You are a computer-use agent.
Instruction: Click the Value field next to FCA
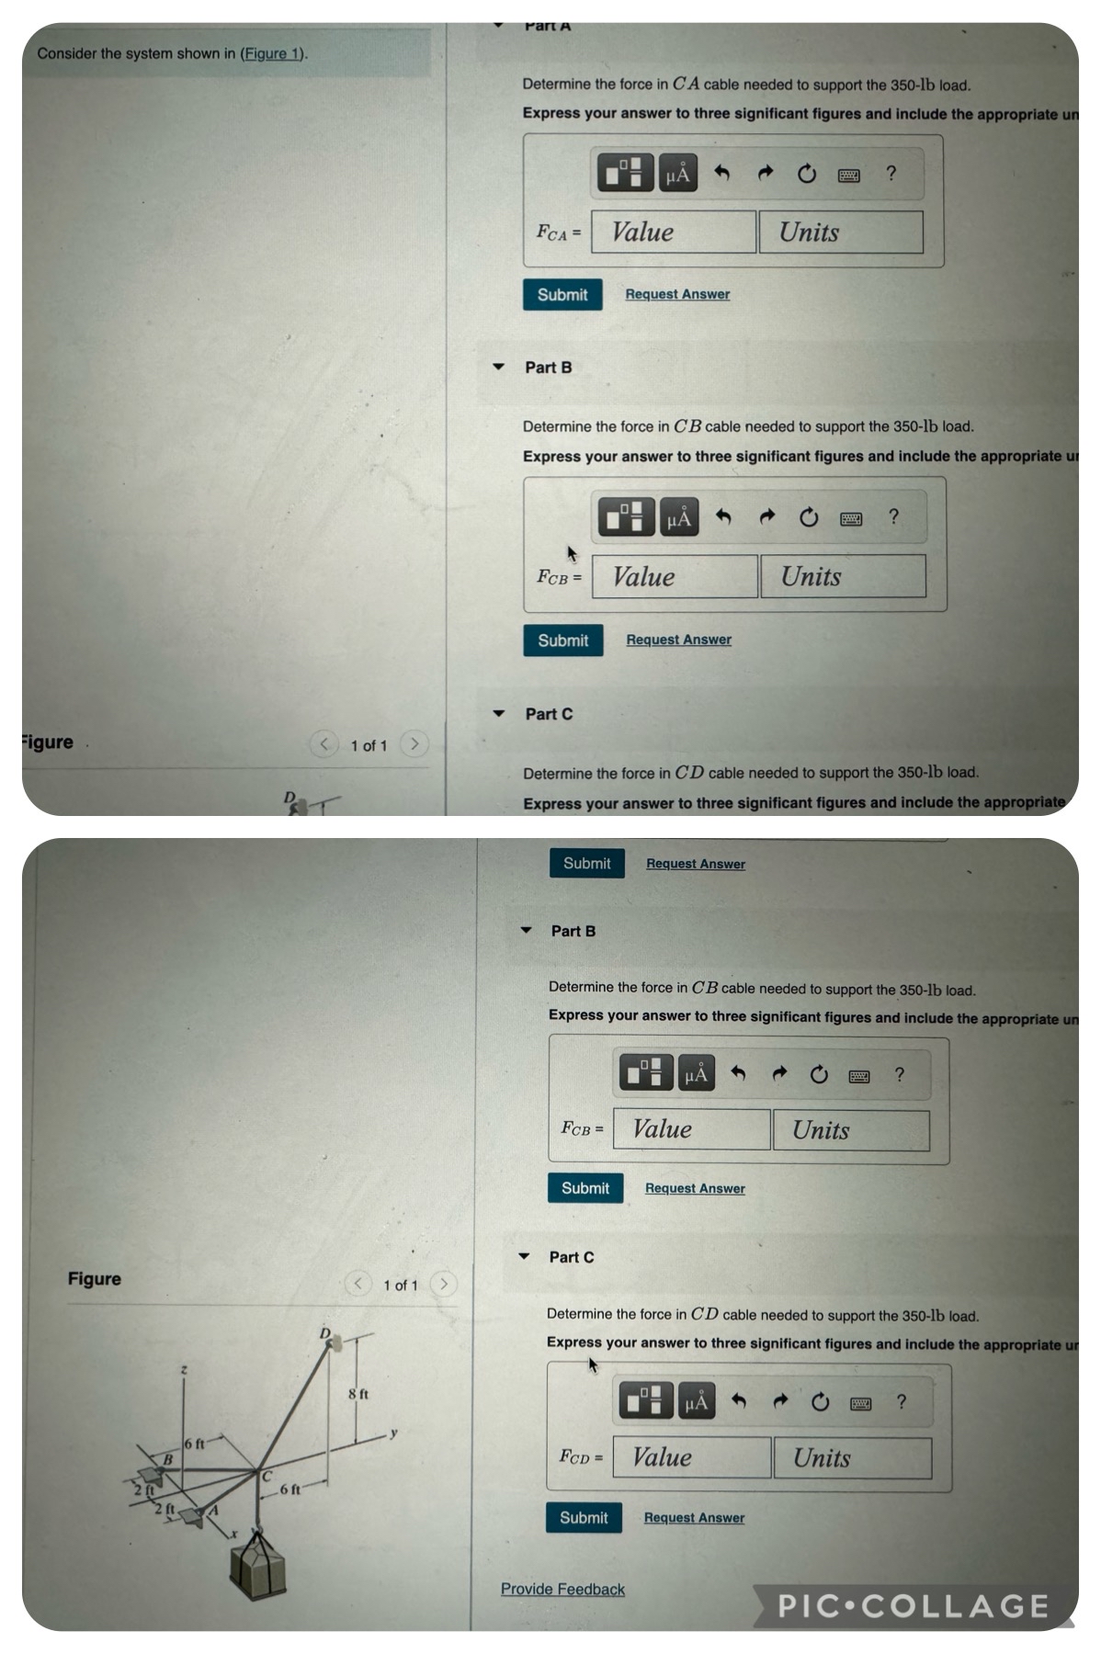(673, 232)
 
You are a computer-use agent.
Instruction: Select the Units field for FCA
(840, 232)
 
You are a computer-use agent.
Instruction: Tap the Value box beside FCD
(691, 1457)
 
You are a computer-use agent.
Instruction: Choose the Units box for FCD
(852, 1458)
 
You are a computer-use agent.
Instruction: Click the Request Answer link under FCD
(694, 1518)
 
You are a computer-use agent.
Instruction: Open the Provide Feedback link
(562, 1590)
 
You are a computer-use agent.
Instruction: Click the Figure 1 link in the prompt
(272, 53)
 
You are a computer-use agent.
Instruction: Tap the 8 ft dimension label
(358, 1394)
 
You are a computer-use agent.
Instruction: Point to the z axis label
(184, 1369)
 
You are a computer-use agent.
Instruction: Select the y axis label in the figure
(393, 1433)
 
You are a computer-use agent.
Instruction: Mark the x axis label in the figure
(233, 1534)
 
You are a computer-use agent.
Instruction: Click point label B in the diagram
(168, 1459)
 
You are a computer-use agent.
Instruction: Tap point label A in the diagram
(214, 1510)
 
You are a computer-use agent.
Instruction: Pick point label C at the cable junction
(267, 1477)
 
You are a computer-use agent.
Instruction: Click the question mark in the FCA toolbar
(891, 173)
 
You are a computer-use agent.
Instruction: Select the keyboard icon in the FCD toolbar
(860, 1403)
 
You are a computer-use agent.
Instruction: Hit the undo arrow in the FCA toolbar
(722, 173)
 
